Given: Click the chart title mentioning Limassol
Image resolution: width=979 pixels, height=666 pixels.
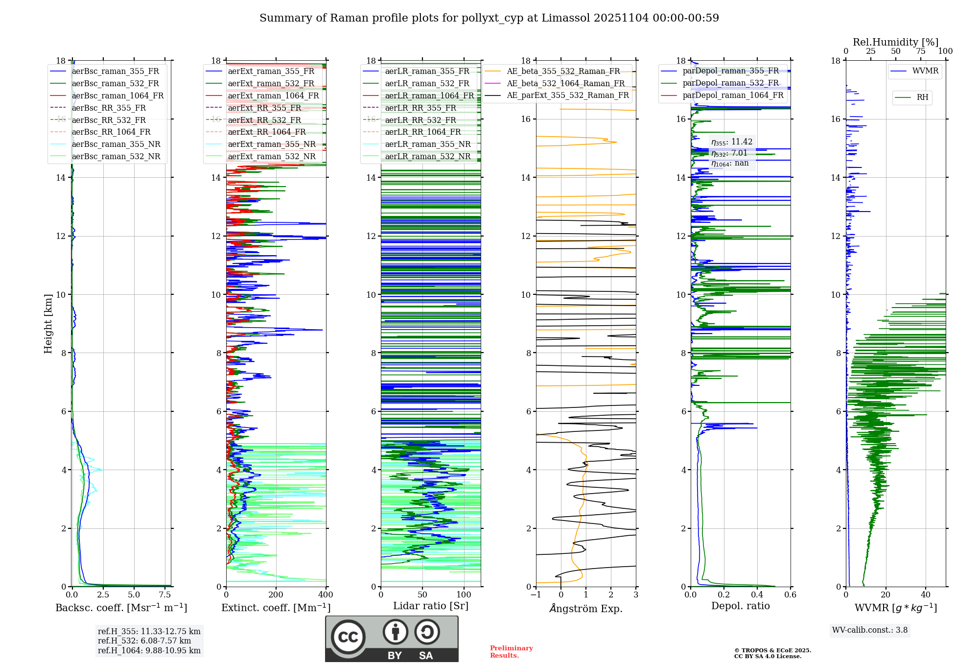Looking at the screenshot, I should pyautogui.click(x=489, y=18).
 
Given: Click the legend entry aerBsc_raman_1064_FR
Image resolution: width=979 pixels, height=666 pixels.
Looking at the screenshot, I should pyautogui.click(x=117, y=96).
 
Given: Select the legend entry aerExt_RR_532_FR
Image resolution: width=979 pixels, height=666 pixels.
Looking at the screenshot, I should pyautogui.click(x=264, y=120).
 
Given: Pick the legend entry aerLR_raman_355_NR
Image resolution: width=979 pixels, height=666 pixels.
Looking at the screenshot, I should pyautogui.click(x=427, y=144).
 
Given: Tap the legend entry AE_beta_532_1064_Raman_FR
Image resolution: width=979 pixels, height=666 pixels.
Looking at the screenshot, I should pyautogui.click(x=565, y=84).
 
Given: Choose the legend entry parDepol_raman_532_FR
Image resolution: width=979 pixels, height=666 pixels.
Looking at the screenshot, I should pyautogui.click(x=730, y=83).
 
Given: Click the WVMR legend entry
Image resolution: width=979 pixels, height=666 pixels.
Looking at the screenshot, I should pyautogui.click(x=925, y=71).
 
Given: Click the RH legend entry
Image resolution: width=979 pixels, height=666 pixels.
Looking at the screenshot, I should pyautogui.click(x=922, y=97).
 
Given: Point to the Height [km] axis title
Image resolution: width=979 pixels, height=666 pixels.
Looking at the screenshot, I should pyautogui.click(x=48, y=324).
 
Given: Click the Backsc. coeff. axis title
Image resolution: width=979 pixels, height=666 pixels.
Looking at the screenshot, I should pyautogui.click(x=121, y=608).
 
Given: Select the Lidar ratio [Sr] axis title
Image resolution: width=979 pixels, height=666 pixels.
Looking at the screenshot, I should pyautogui.click(x=431, y=606).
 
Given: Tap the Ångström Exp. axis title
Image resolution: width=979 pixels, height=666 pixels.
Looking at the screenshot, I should pyautogui.click(x=586, y=609).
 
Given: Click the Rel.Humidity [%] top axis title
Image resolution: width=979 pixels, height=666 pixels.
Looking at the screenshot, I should pyautogui.click(x=895, y=42).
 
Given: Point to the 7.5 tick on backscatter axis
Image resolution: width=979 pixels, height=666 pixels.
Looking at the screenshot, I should pyautogui.click(x=165, y=595).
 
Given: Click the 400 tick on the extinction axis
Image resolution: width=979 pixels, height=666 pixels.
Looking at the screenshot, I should pyautogui.click(x=326, y=595).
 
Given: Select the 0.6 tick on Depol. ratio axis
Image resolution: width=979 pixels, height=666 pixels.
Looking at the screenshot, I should pyautogui.click(x=790, y=595).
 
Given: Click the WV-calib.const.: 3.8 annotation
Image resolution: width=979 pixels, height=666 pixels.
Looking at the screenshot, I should pyautogui.click(x=870, y=630).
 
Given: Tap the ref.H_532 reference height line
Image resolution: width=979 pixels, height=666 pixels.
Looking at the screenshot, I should pyautogui.click(x=144, y=641).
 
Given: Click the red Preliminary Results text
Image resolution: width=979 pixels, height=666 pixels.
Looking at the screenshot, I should pyautogui.click(x=511, y=652).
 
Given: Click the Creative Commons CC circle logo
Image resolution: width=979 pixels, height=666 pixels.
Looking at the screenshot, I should pyautogui.click(x=348, y=637).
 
